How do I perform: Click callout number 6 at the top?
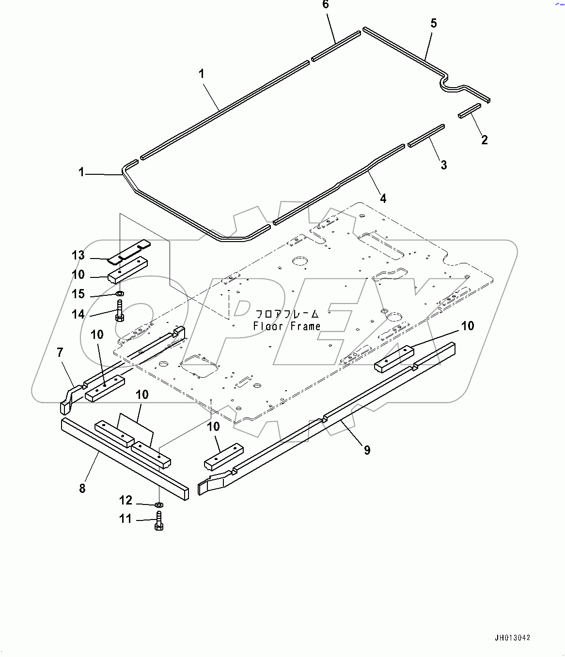point(326,5)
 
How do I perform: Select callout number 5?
point(433,23)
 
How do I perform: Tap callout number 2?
point(484,140)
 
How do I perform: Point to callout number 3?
point(443,165)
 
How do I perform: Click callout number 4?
point(383,199)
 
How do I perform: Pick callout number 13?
point(78,255)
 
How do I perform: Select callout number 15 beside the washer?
point(78,294)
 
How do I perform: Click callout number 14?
point(78,314)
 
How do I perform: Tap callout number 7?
point(60,352)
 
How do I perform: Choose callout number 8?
point(82,488)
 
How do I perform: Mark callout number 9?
point(367,450)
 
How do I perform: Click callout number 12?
point(126,500)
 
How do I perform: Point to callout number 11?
point(126,519)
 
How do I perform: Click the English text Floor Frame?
point(287,326)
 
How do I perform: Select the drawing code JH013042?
point(512,638)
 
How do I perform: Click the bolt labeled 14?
point(120,311)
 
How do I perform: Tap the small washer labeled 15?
point(120,293)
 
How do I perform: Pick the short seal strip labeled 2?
point(469,110)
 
